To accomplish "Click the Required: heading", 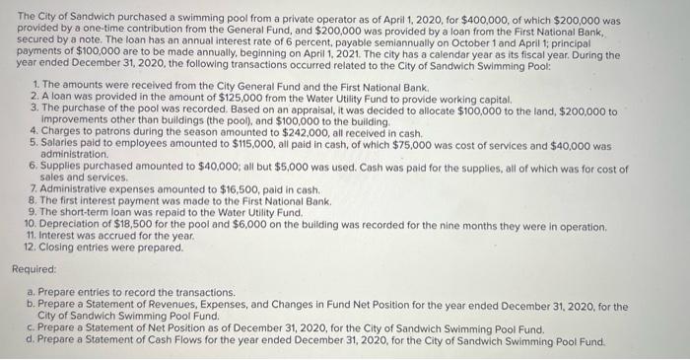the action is (x=34, y=267).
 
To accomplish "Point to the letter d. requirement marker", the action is (x=33, y=341).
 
